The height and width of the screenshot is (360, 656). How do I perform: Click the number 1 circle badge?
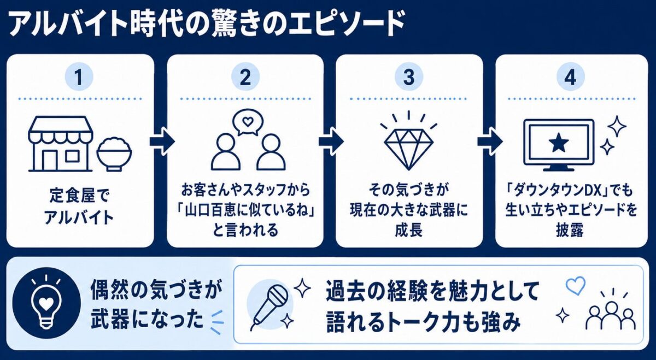79,77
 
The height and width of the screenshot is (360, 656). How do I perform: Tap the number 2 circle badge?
245,77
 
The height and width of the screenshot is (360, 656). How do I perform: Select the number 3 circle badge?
409,77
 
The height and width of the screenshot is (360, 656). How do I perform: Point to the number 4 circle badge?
570,77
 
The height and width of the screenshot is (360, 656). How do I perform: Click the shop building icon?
61,144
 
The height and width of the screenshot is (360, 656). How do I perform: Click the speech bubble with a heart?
248,122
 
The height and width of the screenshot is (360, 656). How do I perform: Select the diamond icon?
408,149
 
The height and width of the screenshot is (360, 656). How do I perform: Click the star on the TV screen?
559,143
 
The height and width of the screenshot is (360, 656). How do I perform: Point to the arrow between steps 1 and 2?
162,141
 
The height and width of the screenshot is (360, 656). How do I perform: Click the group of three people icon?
611,316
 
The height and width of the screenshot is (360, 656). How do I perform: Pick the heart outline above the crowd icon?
576,285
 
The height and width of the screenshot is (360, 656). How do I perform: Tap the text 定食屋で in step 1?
79,194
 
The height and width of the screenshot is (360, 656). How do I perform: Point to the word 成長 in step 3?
409,230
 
